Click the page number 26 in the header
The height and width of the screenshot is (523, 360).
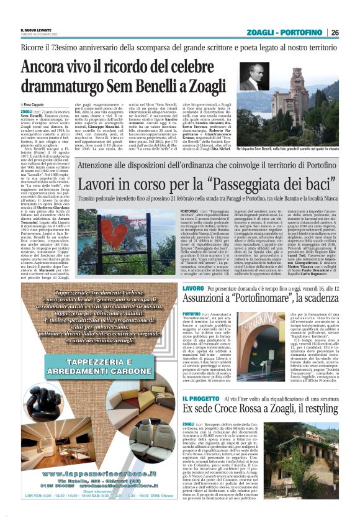click(335, 32)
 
